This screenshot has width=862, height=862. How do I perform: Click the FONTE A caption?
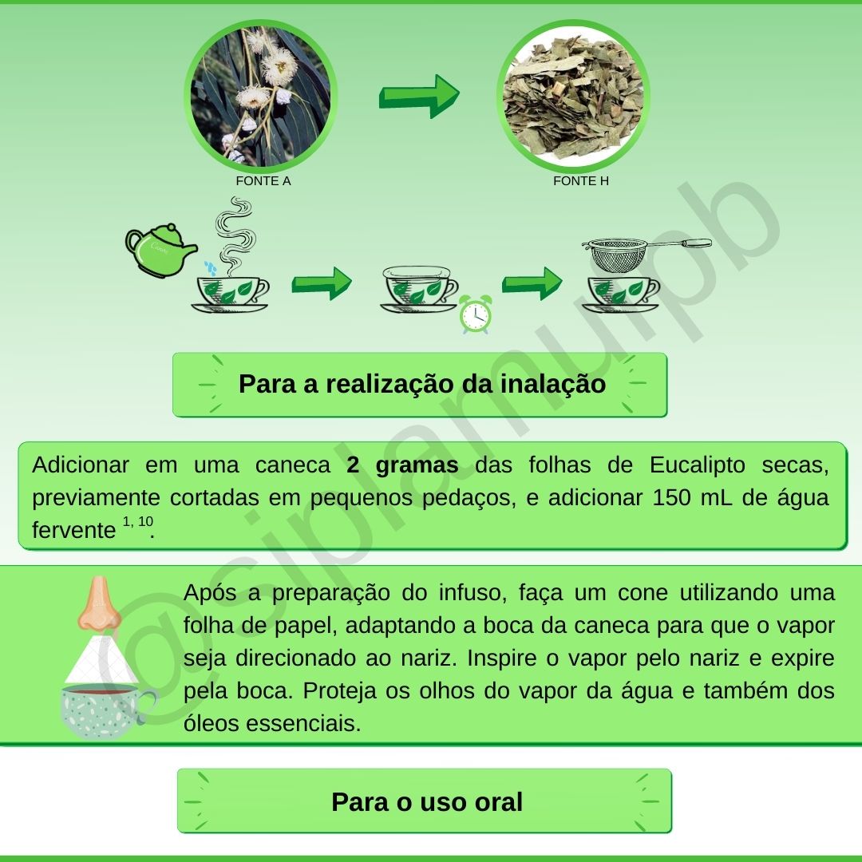point(263,181)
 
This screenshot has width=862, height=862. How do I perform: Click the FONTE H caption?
point(581,181)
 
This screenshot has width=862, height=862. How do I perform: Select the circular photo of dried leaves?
point(573,94)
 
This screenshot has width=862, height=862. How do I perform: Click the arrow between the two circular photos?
point(418,96)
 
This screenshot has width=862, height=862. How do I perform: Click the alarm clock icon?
point(475,314)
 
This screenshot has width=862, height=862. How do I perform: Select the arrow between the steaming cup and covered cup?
point(321,283)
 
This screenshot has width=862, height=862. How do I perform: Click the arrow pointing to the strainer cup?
point(532,283)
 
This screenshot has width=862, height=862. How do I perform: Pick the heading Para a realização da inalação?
point(421,384)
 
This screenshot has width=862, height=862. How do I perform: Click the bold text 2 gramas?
point(402,465)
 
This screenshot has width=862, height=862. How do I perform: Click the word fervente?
point(73,530)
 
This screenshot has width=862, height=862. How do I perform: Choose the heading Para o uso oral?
point(426,801)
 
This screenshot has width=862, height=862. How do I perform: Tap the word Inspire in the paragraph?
point(506,658)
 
